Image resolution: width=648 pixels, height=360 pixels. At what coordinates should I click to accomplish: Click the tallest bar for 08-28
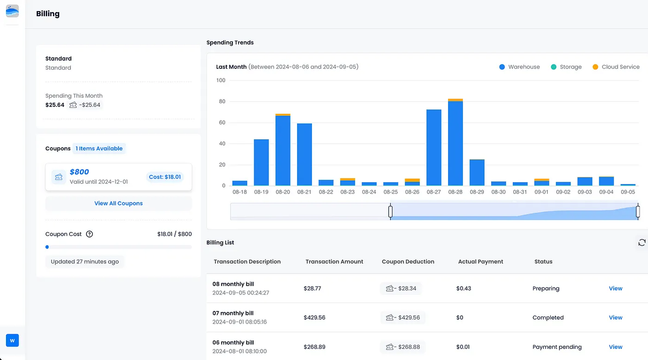(455, 143)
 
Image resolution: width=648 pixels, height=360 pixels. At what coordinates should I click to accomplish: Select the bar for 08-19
(261, 163)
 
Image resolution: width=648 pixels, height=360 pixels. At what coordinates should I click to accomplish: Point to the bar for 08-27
(434, 148)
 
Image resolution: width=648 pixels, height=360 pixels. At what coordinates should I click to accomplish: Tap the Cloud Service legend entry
(616, 67)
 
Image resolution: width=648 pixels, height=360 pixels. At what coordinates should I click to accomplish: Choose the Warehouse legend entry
(519, 67)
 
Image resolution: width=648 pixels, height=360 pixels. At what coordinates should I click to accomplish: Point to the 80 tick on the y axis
(221, 101)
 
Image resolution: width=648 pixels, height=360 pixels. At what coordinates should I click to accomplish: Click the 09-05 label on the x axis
(628, 192)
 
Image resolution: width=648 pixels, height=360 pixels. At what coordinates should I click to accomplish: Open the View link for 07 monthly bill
(616, 317)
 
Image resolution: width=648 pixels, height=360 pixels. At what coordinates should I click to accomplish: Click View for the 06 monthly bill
(616, 347)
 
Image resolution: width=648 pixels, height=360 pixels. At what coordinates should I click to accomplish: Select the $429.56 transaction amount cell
(314, 317)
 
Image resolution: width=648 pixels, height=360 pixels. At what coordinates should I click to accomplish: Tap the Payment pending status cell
(557, 347)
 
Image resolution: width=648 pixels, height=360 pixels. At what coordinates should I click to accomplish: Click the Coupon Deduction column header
(408, 262)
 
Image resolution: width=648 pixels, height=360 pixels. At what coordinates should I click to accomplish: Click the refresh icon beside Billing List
(641, 243)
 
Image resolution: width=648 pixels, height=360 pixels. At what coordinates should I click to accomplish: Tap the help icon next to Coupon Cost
(90, 234)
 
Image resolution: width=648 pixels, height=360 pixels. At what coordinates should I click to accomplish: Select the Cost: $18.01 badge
(165, 177)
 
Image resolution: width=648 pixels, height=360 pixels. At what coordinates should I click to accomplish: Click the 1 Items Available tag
(99, 148)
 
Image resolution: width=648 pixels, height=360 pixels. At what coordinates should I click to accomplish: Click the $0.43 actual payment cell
(464, 289)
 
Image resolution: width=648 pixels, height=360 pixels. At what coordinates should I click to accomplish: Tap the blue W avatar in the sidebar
(12, 340)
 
